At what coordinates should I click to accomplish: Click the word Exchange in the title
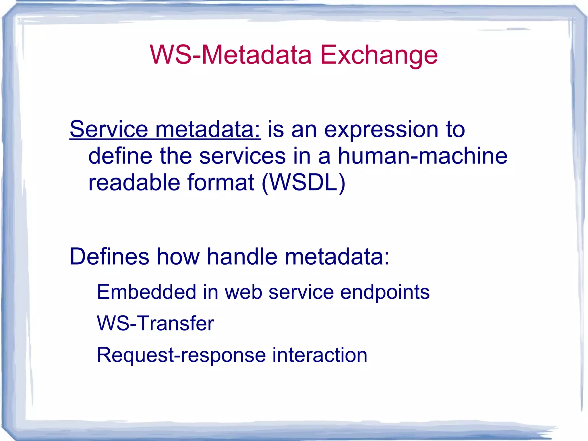(x=379, y=55)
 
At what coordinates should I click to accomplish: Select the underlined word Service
(x=109, y=129)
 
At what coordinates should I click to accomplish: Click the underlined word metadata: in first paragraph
(x=208, y=129)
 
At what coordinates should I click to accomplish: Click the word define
(x=120, y=156)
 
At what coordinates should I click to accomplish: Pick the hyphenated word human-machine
(x=422, y=156)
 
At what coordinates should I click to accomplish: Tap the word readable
(x=134, y=182)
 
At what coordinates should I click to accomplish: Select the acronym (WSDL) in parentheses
(x=303, y=183)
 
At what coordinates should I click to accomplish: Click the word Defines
(x=109, y=256)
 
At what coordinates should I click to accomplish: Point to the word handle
(x=242, y=256)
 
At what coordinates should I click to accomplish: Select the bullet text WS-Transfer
(x=155, y=323)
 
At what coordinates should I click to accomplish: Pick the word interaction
(x=320, y=355)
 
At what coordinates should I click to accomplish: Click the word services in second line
(x=242, y=156)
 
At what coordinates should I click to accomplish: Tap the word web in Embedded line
(x=243, y=292)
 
